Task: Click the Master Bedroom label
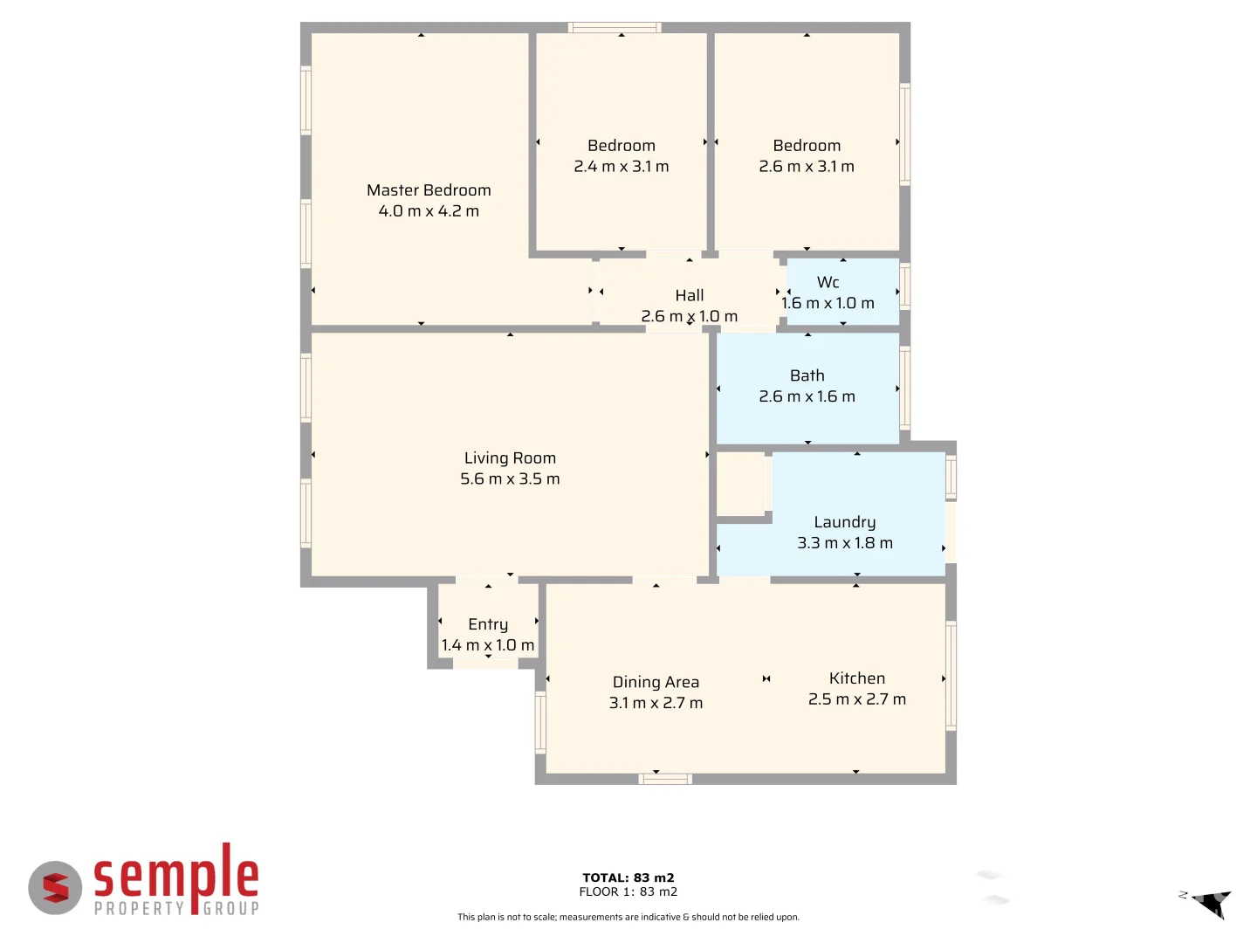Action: pos(429,190)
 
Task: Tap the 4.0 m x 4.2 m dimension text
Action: pos(429,211)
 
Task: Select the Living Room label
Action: pos(510,458)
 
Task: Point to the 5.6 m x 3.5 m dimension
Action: pos(510,479)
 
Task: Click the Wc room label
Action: pos(828,282)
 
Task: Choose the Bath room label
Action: pos(807,375)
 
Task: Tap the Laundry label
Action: pos(844,522)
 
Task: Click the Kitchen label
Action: pos(856,678)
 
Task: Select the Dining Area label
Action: pos(656,682)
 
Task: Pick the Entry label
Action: pos(488,624)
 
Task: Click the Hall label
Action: pos(689,296)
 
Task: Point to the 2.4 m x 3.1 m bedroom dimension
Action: pos(621,167)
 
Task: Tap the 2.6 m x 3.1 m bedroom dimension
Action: pos(807,167)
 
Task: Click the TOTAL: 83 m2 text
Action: pos(628,878)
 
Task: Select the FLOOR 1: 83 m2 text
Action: pos(628,891)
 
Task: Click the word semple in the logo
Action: pos(176,876)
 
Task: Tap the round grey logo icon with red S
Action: pos(55,888)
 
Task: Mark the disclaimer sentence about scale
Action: pos(628,917)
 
